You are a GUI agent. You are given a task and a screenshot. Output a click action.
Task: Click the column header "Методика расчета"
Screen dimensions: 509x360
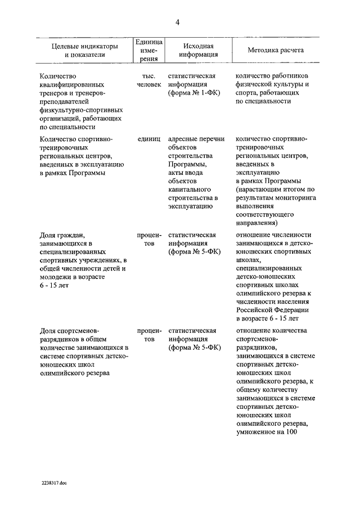[x=276, y=50]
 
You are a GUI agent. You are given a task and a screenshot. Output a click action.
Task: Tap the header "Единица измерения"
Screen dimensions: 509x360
[x=149, y=50]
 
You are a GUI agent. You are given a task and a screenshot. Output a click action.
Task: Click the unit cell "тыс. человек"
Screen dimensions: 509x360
[x=148, y=79]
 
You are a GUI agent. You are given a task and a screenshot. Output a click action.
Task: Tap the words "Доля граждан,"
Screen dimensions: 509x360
[x=62, y=236]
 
